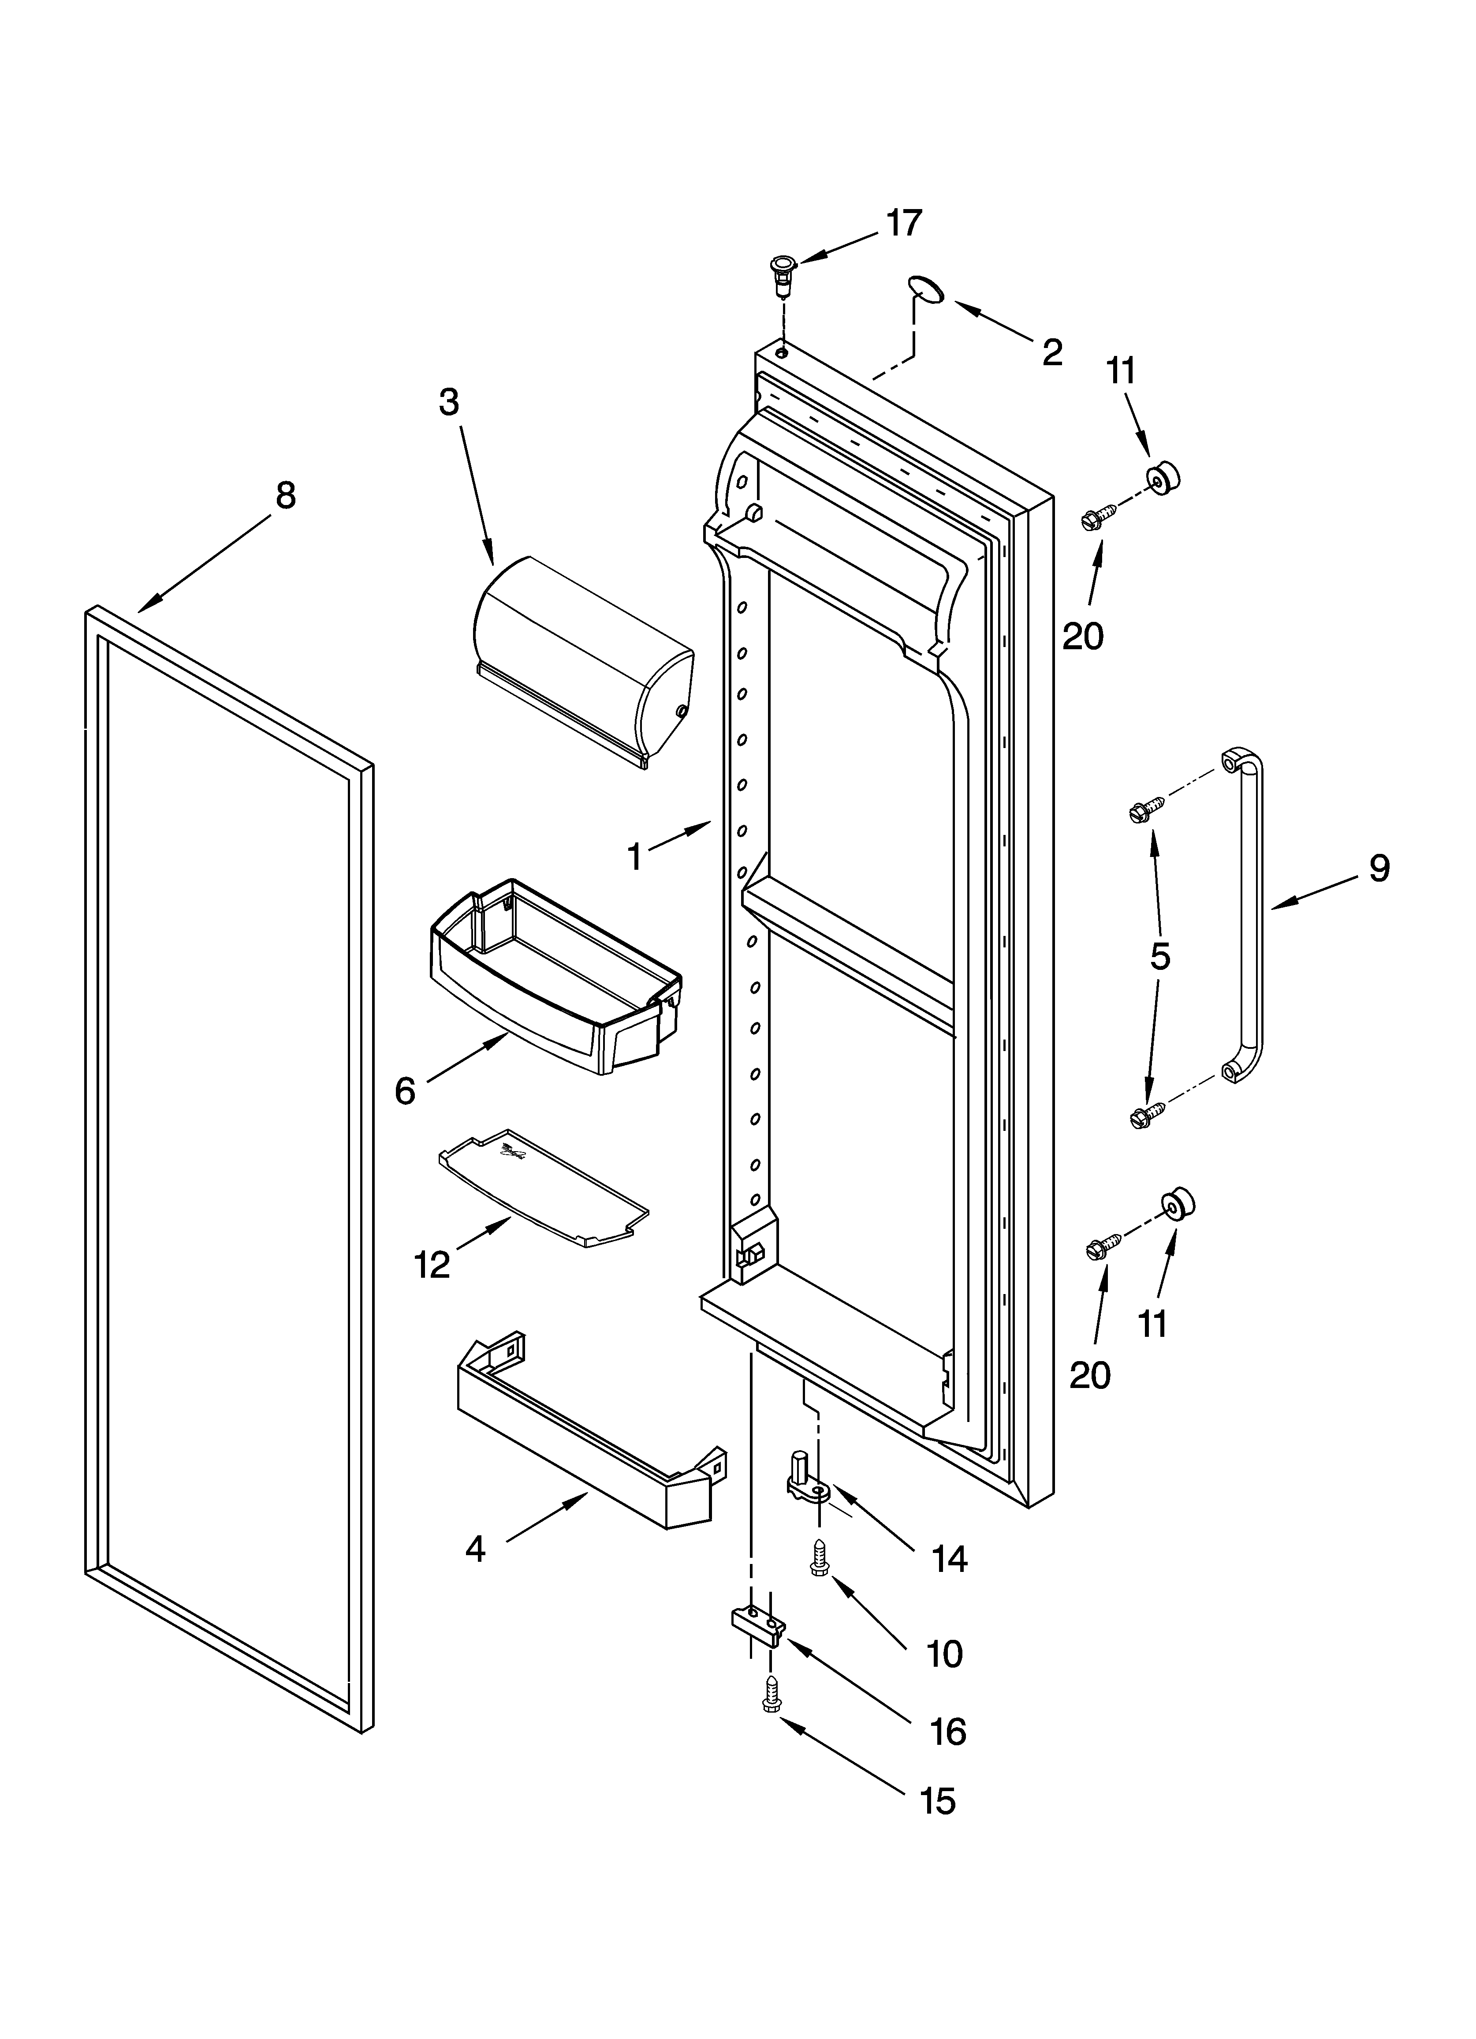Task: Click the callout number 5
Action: (x=1159, y=958)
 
